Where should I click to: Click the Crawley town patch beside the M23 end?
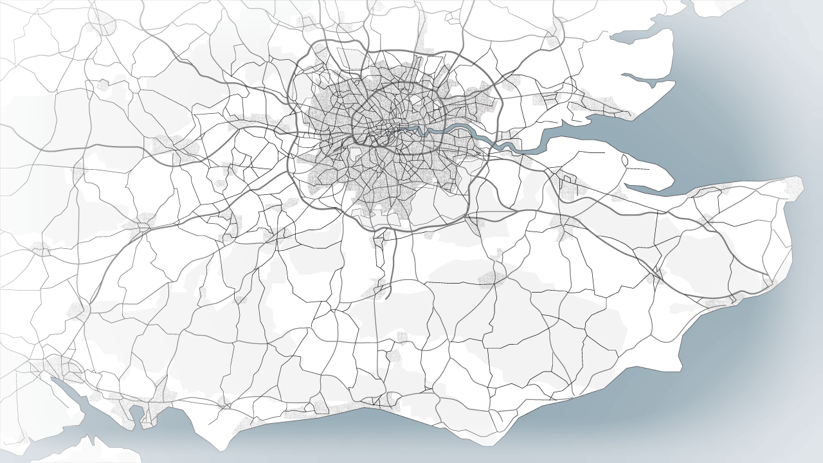pyautogui.click(x=376, y=293)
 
